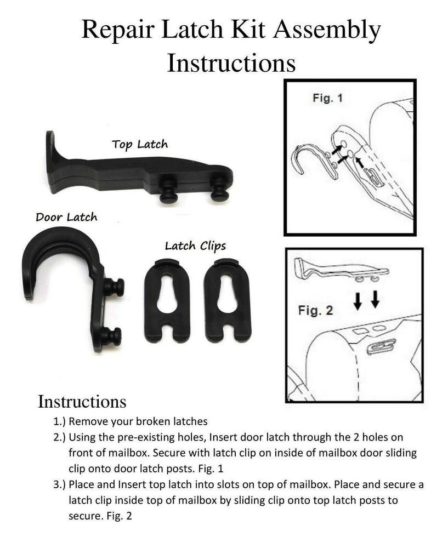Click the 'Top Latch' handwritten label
coord(139,145)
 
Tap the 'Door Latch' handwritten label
coord(66,217)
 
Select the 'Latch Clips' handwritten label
coord(195,246)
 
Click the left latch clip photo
coord(167,299)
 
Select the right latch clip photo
coord(227,299)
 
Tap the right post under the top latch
coord(219,190)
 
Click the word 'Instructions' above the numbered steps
coord(82,401)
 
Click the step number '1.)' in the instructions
coord(59,423)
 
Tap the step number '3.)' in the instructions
coord(59,486)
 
